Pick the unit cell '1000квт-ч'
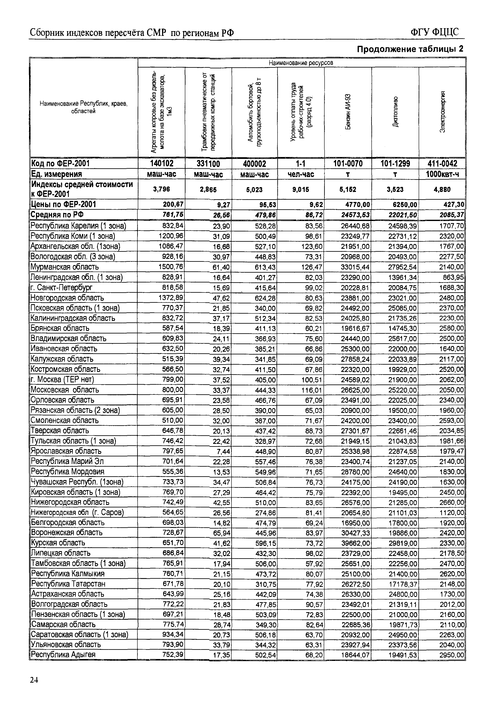(442, 174)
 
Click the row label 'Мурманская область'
(65, 267)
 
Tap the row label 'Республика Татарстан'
(68, 583)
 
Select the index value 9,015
(301, 189)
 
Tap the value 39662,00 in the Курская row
(355, 543)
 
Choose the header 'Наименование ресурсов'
(301, 63)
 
